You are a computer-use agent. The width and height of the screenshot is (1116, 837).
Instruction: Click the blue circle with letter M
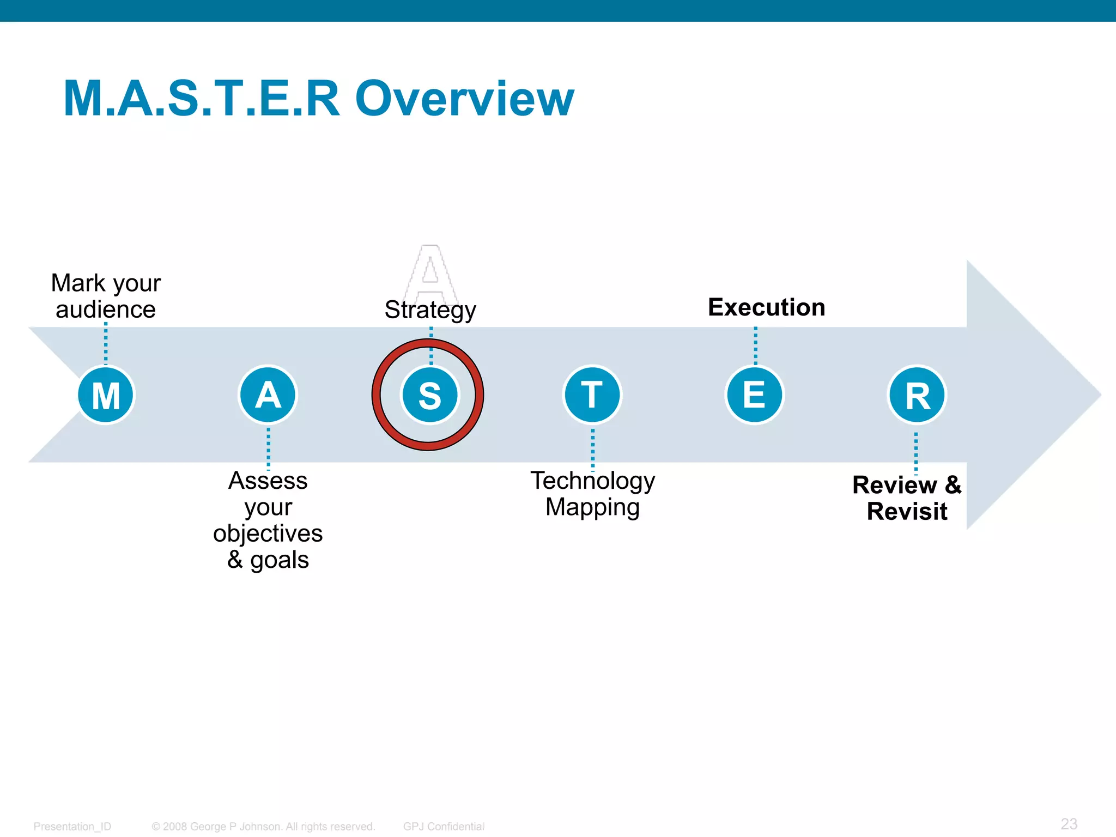click(106, 395)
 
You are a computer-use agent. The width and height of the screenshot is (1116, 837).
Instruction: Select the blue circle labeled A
click(268, 395)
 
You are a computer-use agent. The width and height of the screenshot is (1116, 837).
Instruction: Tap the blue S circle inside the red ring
click(430, 395)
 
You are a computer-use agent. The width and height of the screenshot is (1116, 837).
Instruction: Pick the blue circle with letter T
click(592, 395)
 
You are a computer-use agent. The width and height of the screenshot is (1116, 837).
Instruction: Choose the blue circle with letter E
click(755, 395)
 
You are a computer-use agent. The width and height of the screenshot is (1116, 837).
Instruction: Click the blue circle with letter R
click(917, 395)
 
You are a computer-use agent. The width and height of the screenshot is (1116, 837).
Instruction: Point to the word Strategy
click(430, 310)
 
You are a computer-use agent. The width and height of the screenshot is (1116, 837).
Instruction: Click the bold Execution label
click(766, 307)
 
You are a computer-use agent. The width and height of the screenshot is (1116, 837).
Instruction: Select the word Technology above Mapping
click(592, 481)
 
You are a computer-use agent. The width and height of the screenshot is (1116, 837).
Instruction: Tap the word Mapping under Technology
click(592, 507)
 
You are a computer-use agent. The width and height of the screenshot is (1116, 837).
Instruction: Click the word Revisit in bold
click(907, 512)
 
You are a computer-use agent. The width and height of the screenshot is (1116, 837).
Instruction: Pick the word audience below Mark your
click(106, 310)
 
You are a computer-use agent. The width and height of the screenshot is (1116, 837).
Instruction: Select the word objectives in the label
click(268, 533)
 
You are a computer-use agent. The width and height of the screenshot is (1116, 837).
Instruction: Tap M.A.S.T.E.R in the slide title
click(202, 99)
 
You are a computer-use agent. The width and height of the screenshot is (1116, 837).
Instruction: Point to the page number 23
click(1069, 823)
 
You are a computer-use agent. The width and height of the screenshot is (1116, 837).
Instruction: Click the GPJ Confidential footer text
click(444, 826)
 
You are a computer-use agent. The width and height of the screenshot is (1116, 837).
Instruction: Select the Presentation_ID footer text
click(72, 826)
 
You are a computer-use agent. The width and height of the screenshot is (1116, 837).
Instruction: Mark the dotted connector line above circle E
click(755, 345)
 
